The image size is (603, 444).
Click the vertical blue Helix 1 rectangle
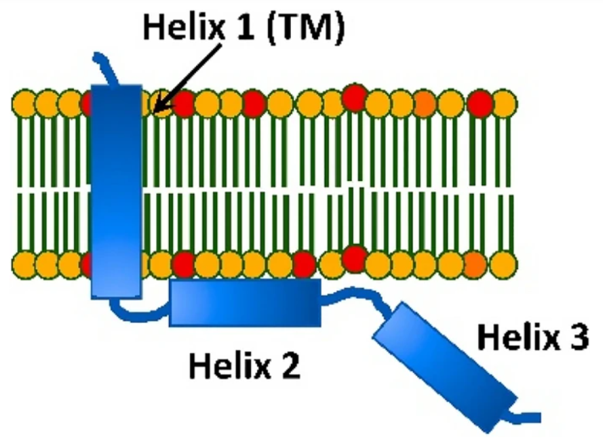pyautogui.click(x=116, y=190)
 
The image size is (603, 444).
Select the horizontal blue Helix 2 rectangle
pyautogui.click(x=244, y=302)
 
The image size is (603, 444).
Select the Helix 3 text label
pyautogui.click(x=532, y=337)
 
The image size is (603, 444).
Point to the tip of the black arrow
pyautogui.click(x=154, y=110)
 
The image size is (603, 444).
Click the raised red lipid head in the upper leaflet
pyautogui.click(x=353, y=97)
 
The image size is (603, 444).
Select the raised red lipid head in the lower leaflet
pyautogui.click(x=353, y=257)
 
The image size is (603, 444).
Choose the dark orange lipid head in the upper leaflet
pyautogui.click(x=424, y=104)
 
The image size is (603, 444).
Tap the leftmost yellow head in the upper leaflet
pyautogui.click(x=24, y=104)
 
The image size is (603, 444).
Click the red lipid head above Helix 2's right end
pyautogui.click(x=303, y=262)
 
